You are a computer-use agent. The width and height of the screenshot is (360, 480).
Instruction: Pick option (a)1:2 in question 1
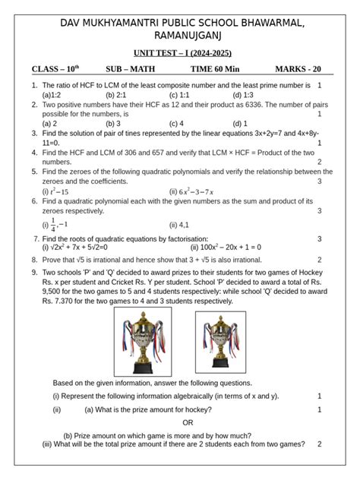pyautogui.click(x=52, y=95)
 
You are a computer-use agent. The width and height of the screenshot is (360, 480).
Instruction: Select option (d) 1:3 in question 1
pyautogui.click(x=243, y=95)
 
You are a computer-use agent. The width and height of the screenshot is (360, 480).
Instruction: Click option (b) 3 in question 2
pyautogui.click(x=113, y=122)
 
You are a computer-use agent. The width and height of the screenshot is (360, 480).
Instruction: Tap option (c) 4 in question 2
pyautogui.click(x=176, y=122)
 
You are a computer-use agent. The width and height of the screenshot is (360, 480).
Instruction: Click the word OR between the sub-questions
pyautogui.click(x=188, y=422)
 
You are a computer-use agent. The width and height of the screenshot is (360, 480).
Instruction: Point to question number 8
pyautogui.click(x=35, y=260)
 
